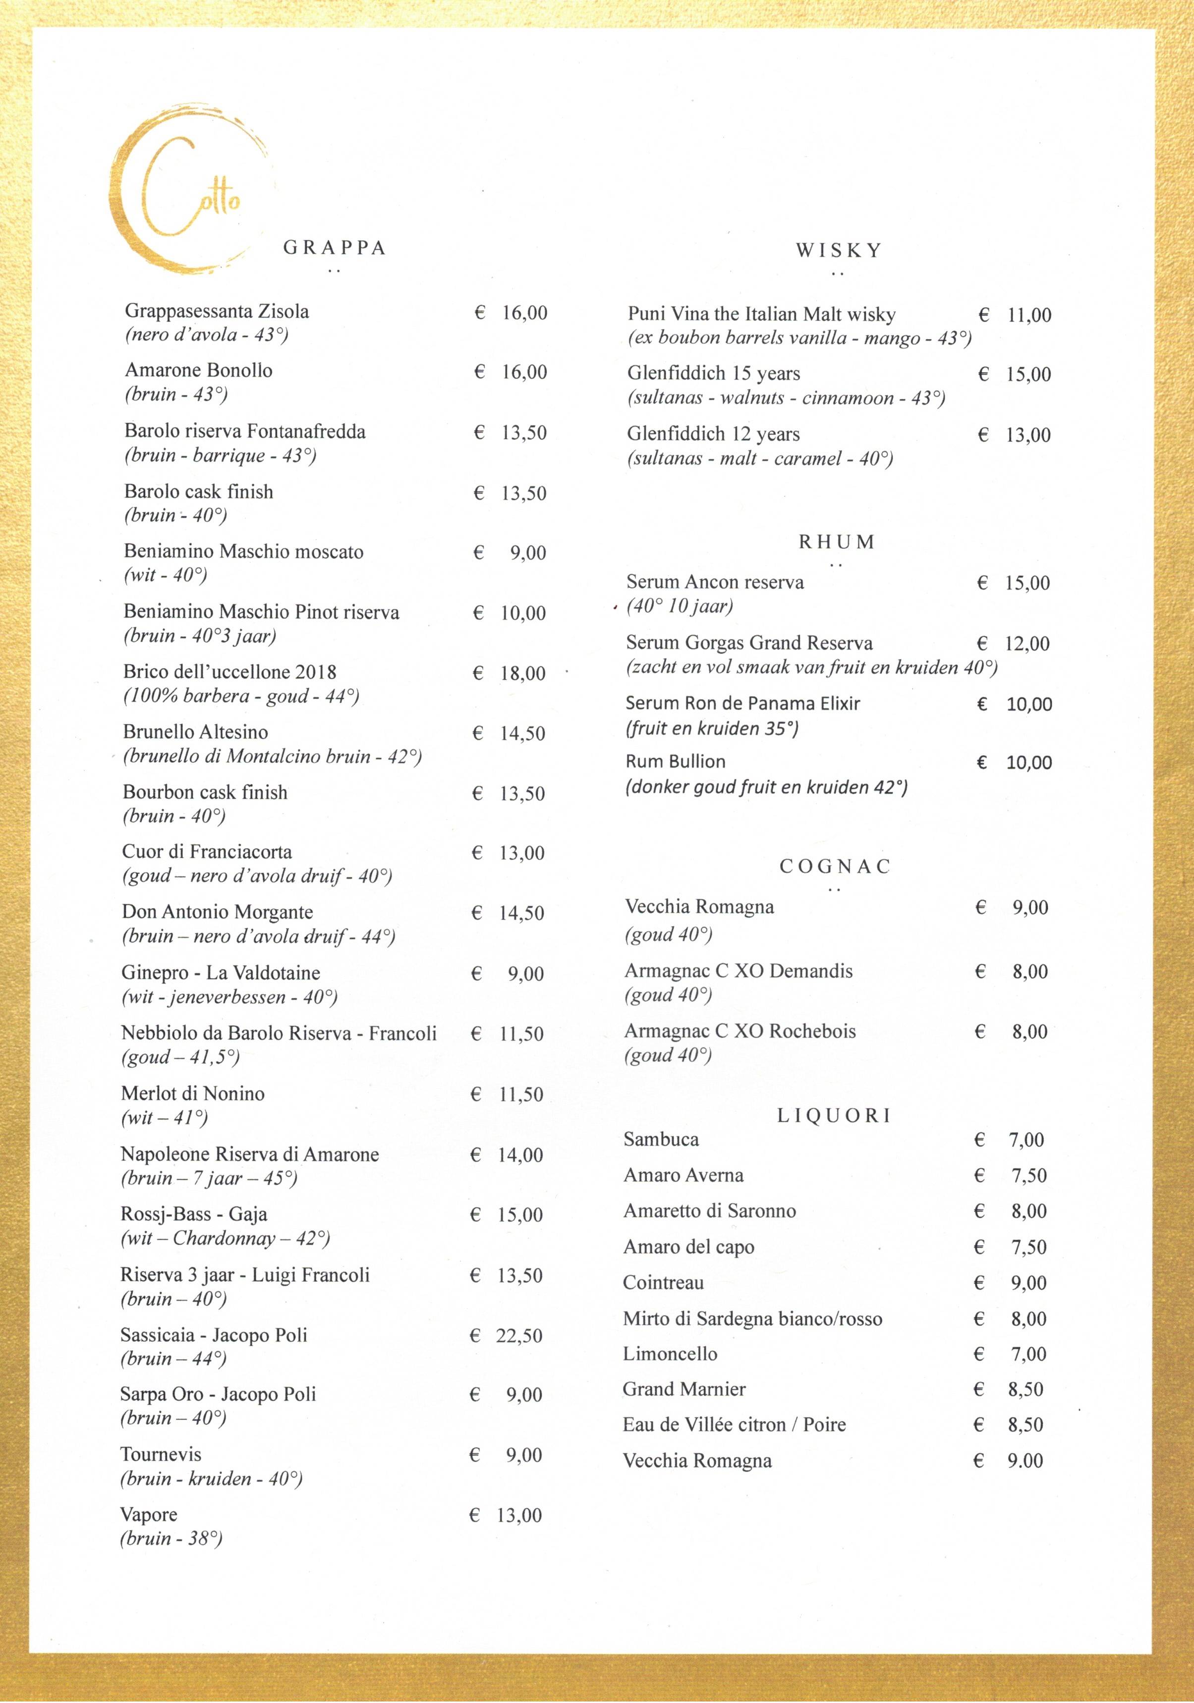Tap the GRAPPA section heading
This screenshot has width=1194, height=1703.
[x=335, y=248]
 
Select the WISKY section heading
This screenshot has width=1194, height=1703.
[x=839, y=251]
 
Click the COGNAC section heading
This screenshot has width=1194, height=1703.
[x=835, y=866]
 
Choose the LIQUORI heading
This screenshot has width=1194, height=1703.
[x=834, y=1115]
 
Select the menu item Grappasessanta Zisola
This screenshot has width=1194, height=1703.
[x=217, y=312]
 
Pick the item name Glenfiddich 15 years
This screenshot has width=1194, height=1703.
[x=713, y=373]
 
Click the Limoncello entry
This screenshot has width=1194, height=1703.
[x=670, y=1354]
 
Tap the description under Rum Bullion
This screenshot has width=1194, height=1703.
[x=766, y=787]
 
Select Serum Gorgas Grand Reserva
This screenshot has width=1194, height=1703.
[x=749, y=643]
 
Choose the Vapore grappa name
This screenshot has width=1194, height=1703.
[x=148, y=1515]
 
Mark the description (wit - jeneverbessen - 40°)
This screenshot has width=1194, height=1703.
[x=229, y=997]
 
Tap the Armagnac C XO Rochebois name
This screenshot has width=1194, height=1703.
[x=740, y=1031]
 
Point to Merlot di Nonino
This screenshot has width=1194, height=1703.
[x=193, y=1094]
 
